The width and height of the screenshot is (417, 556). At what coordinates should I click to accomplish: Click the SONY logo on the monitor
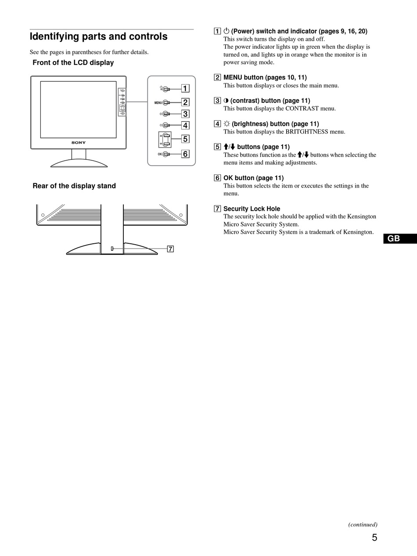coord(79,143)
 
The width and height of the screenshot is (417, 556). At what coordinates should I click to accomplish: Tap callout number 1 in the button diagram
coord(185,88)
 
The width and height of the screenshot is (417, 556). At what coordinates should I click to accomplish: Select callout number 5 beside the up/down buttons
coord(185,139)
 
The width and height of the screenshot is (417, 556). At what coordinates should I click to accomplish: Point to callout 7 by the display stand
coord(170,249)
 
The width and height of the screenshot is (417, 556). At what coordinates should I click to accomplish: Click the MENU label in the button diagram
coord(158,103)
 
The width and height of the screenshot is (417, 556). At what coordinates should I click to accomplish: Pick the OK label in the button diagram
coord(160,154)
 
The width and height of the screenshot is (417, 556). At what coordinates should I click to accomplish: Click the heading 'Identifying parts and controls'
coord(98,36)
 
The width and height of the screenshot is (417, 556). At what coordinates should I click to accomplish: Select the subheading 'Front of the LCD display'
coord(73,63)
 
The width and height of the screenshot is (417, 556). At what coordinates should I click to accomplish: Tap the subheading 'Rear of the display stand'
coord(74,186)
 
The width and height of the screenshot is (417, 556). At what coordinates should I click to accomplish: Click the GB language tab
coord(394,238)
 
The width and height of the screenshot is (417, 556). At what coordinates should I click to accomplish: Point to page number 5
coord(374,538)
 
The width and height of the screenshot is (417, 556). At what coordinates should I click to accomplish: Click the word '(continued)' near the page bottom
coord(363,524)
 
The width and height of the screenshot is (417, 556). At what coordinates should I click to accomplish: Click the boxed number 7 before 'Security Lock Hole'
coord(217,209)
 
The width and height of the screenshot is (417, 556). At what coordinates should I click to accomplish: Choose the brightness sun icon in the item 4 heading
coord(227,124)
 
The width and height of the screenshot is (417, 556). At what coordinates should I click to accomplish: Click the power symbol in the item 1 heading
coord(226,31)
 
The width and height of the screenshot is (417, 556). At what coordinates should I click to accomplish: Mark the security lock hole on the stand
coord(112,249)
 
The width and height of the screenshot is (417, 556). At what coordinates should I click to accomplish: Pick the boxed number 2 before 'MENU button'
coord(217,78)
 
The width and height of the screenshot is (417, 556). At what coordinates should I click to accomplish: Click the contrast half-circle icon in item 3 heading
coord(226,101)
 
